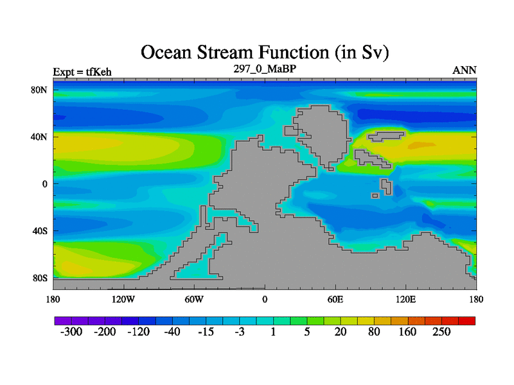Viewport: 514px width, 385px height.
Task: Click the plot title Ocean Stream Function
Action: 235,53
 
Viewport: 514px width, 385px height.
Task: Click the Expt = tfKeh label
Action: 82,72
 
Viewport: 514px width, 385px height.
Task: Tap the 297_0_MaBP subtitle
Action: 265,69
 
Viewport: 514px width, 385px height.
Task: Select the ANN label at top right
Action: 464,70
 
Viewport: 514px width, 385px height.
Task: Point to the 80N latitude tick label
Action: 39,90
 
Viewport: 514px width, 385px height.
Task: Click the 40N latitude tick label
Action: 39,137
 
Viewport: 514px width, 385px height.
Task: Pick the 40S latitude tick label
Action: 40,231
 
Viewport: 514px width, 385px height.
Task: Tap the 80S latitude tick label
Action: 40,278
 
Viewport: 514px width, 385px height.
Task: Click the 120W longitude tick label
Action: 123,299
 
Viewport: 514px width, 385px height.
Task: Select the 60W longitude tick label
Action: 194,299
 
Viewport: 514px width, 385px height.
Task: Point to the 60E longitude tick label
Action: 335,299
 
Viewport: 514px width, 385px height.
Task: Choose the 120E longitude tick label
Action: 406,299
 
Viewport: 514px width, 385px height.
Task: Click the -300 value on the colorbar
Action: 71,332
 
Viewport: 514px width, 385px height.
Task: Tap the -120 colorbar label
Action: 138,332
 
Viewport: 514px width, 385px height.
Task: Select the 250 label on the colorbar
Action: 441,332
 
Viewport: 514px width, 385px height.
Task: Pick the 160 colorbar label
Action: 407,332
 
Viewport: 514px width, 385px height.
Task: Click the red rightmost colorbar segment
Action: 467,321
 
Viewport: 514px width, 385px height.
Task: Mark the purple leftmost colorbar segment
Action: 63,321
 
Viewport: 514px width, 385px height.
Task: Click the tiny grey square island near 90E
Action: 375,196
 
